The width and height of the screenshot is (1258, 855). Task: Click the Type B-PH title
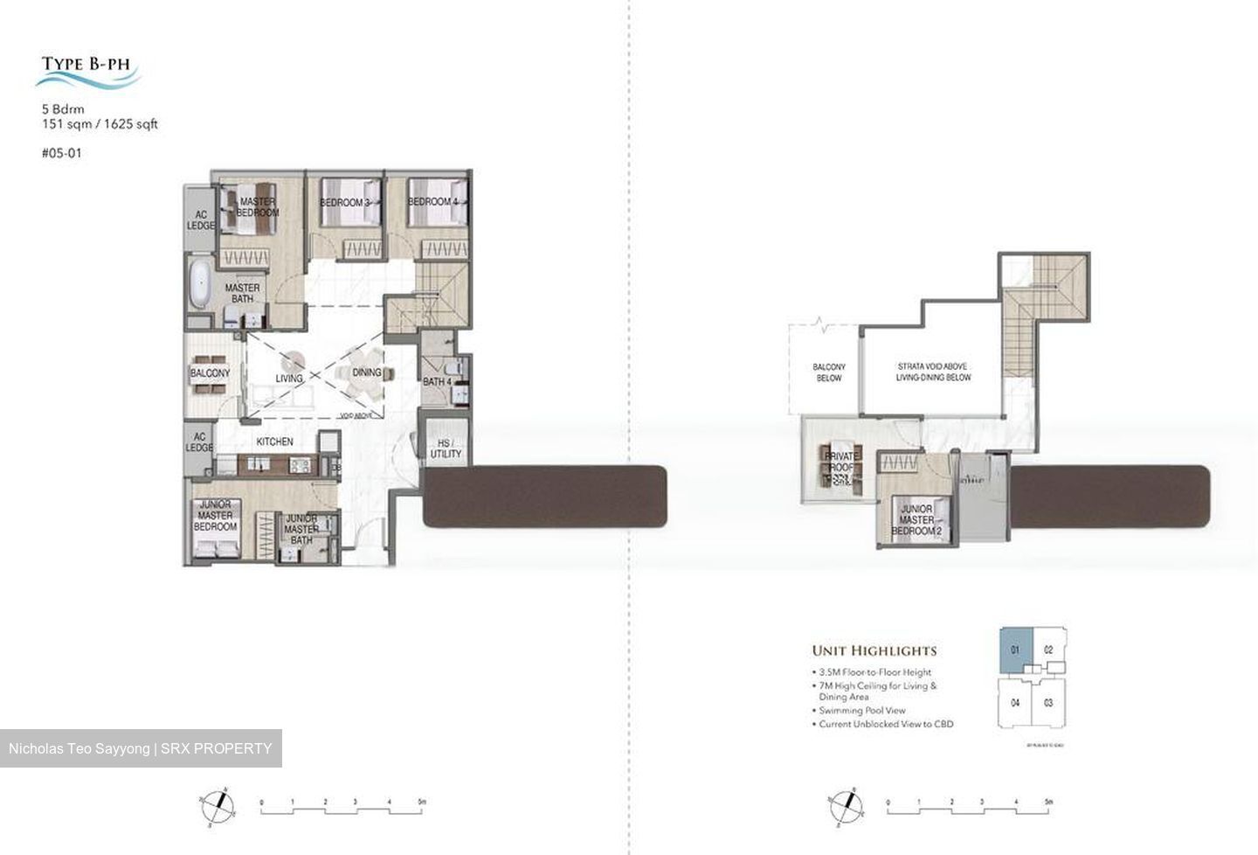click(86, 64)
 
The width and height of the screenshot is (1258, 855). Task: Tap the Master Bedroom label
click(258, 207)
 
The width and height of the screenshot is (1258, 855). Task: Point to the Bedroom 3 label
click(344, 203)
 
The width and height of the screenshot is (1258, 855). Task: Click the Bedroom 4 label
click(432, 202)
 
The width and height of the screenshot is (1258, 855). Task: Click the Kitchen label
click(274, 441)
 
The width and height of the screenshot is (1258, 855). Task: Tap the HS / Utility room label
click(445, 448)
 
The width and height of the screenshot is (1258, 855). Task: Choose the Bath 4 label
click(438, 382)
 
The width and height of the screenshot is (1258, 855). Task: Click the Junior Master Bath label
click(301, 529)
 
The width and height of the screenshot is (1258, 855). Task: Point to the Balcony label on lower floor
click(210, 373)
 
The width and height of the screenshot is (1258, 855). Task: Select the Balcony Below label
click(828, 372)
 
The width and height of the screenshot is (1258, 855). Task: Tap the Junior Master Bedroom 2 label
click(916, 520)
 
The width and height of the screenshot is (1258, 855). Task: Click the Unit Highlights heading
click(874, 650)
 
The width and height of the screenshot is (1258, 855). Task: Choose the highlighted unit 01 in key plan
click(1015, 650)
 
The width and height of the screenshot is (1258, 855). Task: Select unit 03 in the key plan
click(1048, 703)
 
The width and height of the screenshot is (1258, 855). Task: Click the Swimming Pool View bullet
click(862, 711)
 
